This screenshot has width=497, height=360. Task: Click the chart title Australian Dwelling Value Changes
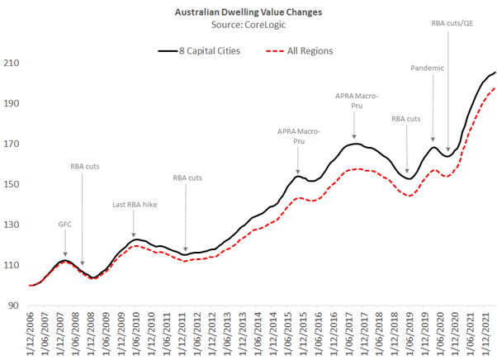(x=248, y=13)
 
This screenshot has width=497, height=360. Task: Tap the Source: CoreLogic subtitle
(x=248, y=26)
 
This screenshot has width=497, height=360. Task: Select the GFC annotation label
(x=65, y=223)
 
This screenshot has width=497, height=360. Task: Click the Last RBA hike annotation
(x=133, y=204)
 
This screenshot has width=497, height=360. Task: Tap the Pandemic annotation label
(x=428, y=68)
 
